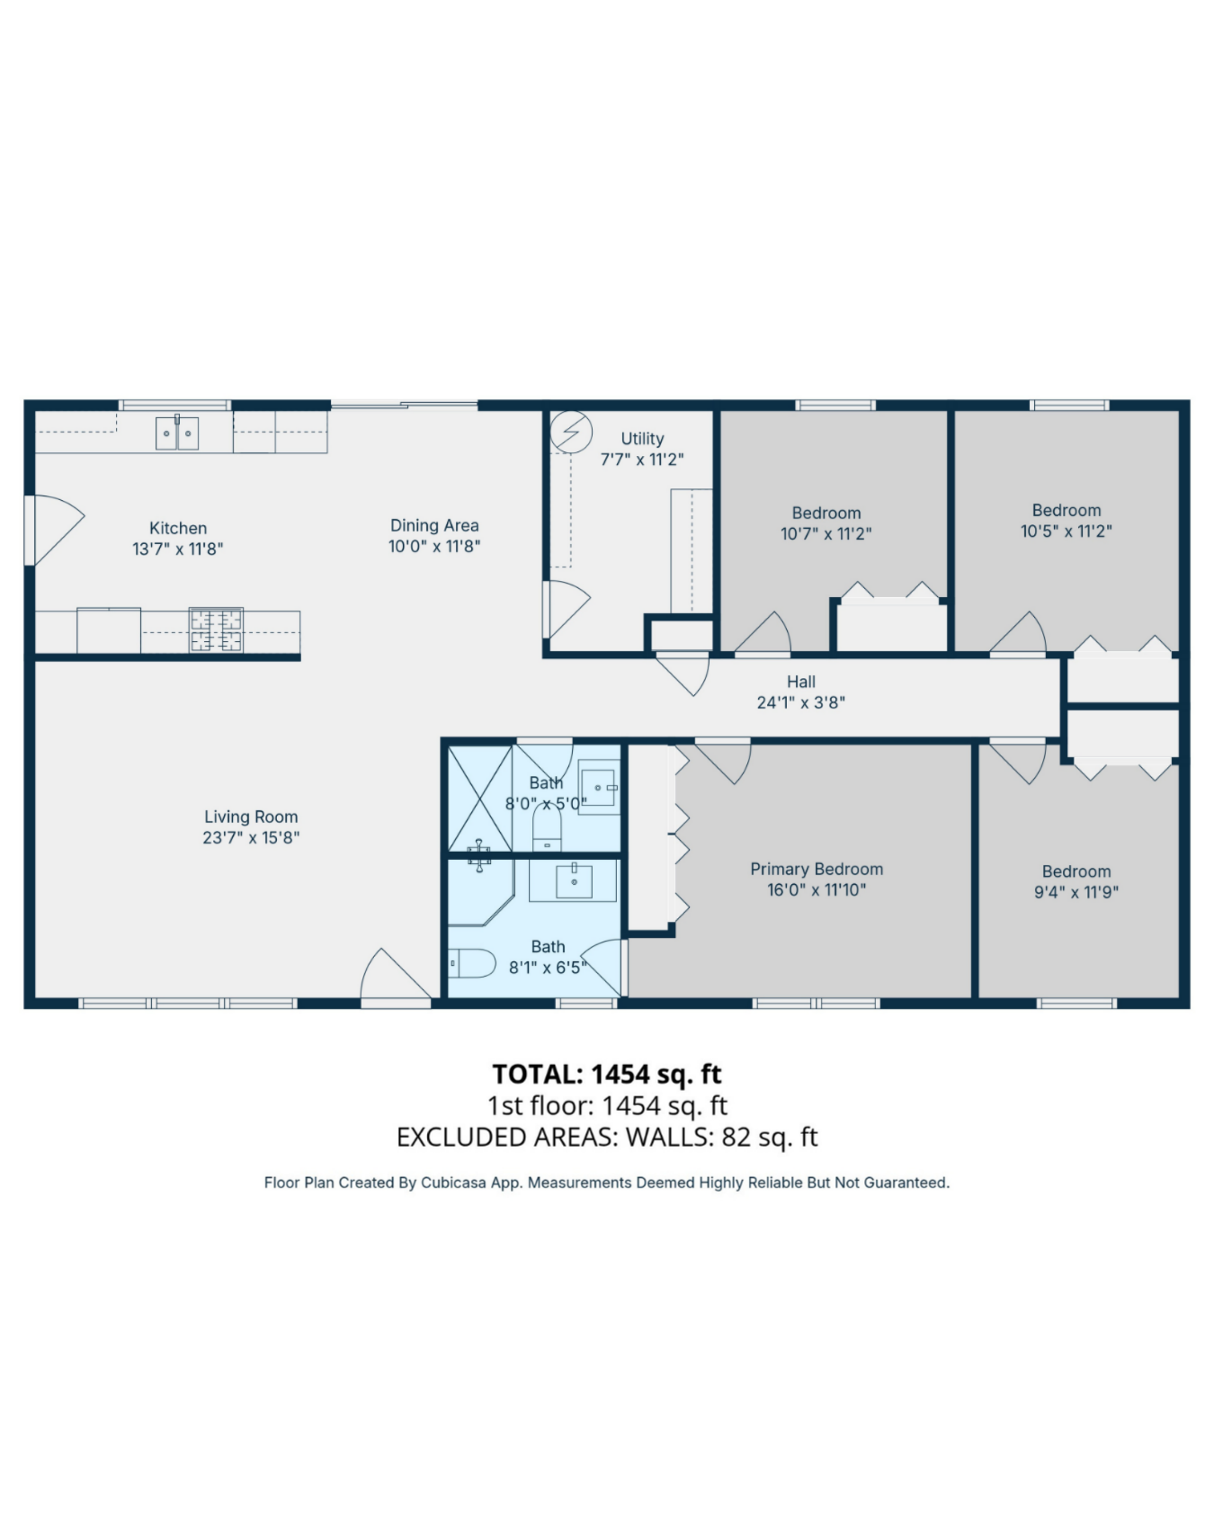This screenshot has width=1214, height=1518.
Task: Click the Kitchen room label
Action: pos(178,528)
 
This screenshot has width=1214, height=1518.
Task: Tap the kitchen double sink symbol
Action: pos(177,433)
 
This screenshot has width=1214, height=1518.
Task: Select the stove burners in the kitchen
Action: pos(216,630)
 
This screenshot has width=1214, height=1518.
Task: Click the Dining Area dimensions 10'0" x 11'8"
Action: pos(434,546)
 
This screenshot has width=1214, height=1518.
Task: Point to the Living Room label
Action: pos(251,817)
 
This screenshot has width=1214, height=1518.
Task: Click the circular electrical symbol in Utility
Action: pos(571,433)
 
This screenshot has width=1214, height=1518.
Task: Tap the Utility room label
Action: pos(642,439)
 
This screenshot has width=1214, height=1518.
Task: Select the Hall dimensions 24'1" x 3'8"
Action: pos(800,702)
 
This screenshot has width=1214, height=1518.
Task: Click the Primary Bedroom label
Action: pos(817,869)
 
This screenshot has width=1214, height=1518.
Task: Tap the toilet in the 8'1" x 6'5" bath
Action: pos(473,964)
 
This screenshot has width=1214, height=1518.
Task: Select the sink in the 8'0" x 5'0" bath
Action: pos(597,788)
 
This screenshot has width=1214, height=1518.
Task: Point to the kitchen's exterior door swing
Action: pos(56,529)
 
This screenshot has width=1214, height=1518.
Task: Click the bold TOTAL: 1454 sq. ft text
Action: pos(607,1074)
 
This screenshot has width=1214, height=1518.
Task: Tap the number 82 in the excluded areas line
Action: pos(736,1137)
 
